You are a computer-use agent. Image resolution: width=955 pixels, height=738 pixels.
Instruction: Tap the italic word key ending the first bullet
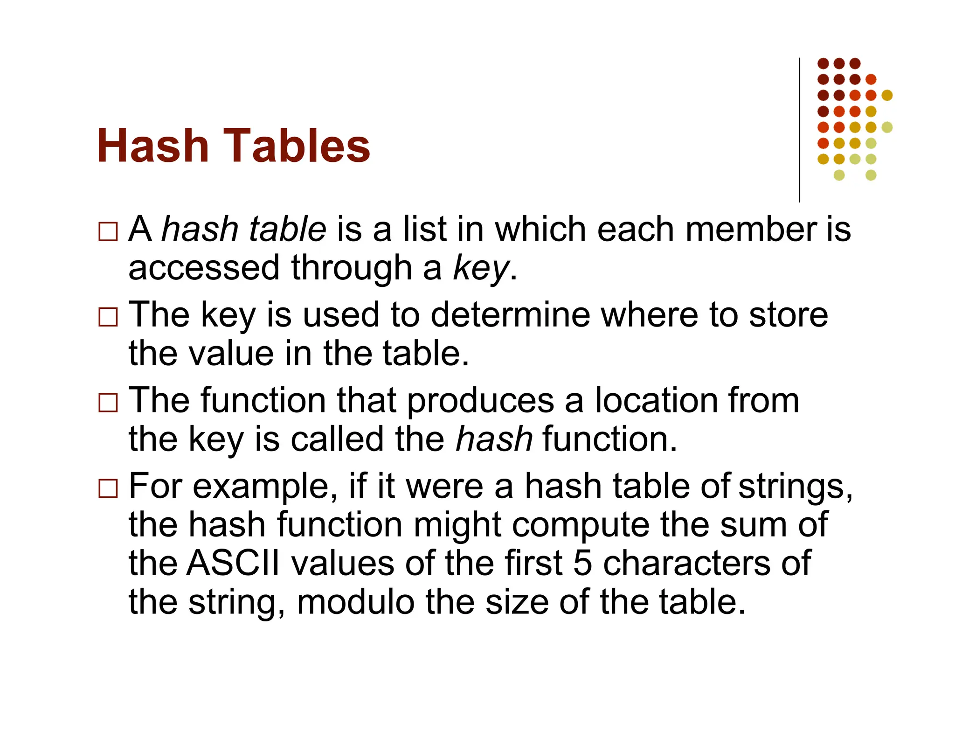coord(481,268)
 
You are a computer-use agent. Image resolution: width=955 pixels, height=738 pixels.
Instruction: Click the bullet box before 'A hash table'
coord(108,231)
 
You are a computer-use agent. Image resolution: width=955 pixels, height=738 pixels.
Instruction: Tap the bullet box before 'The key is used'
coord(108,317)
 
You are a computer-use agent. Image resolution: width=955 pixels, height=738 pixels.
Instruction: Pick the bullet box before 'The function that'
coord(108,403)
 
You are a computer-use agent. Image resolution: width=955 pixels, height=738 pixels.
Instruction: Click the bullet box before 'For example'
coord(108,488)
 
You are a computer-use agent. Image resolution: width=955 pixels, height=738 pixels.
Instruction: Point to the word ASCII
coord(233,563)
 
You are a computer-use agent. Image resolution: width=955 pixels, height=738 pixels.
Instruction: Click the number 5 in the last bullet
coord(582,563)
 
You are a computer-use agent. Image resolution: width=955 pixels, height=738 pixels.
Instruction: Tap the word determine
coord(510,315)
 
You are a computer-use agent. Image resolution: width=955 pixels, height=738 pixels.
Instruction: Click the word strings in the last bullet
coord(795,487)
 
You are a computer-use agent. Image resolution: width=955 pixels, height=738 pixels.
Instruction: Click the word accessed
coord(204,268)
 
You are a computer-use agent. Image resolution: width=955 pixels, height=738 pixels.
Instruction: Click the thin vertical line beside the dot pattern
coord(800,131)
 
